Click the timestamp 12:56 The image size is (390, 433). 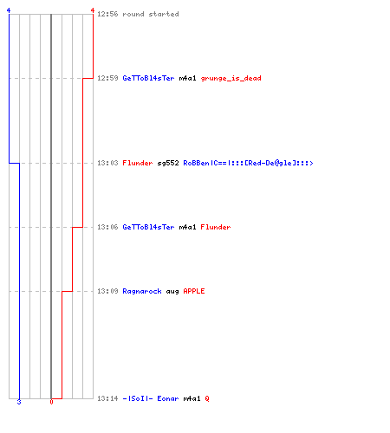[x=107, y=14]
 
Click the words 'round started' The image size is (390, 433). [x=151, y=14]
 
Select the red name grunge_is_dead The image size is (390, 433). [x=231, y=78]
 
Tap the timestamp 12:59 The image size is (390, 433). [x=107, y=78]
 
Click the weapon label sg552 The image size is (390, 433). [x=168, y=163]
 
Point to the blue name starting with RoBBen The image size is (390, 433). [x=248, y=163]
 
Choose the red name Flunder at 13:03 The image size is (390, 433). [x=138, y=163]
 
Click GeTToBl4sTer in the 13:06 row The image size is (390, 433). [x=148, y=227]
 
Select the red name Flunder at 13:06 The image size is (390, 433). [x=216, y=227]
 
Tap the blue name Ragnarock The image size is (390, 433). [x=142, y=291]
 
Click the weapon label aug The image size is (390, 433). [x=172, y=292]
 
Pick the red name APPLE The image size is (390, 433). [x=194, y=291]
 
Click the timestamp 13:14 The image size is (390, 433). [x=107, y=398]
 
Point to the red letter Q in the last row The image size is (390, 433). [x=207, y=398]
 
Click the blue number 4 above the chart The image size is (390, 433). [x=9, y=10]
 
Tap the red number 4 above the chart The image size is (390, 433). [x=93, y=10]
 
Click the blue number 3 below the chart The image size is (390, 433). [x=19, y=402]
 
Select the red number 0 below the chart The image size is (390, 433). [x=51, y=402]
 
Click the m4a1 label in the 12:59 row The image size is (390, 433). [x=187, y=78]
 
